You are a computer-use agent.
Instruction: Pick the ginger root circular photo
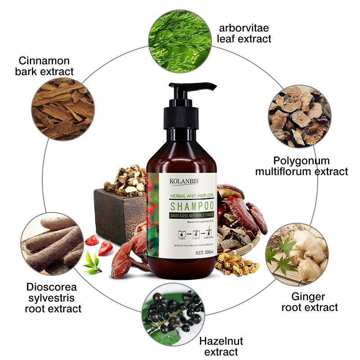(x=296, y=255)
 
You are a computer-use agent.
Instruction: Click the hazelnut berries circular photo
(x=174, y=313)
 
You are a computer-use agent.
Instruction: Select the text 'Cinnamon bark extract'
(x=46, y=66)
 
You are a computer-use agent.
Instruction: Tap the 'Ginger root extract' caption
(x=309, y=302)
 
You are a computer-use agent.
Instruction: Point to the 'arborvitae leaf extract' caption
(x=244, y=33)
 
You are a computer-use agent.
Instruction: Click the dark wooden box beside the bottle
(x=115, y=211)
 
